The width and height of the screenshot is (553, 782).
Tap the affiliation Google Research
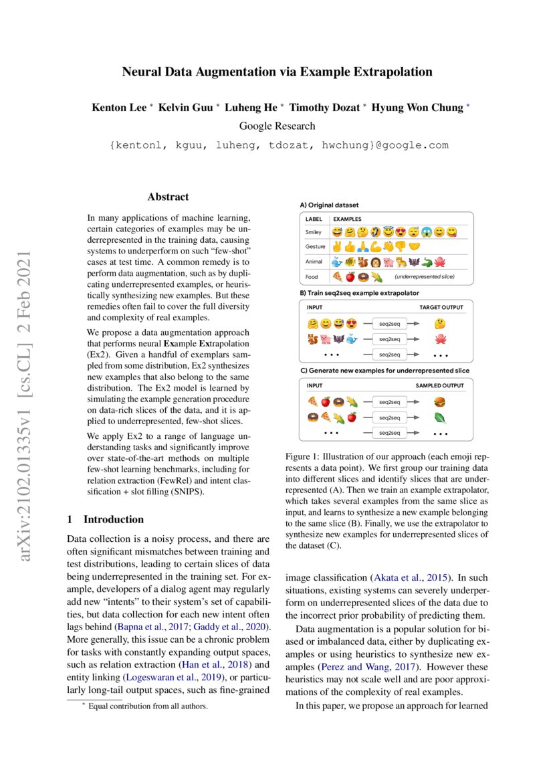(x=277, y=126)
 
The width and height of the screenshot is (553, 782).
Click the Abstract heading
(x=168, y=197)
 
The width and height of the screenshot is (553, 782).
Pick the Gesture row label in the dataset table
(x=316, y=246)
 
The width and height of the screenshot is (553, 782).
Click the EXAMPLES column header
(x=347, y=219)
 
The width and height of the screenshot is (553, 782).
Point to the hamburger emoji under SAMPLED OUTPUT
(x=439, y=402)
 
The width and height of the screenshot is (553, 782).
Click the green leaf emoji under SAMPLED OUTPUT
(x=439, y=417)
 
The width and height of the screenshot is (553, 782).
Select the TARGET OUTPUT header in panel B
(x=441, y=307)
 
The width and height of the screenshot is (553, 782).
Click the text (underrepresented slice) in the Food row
(x=426, y=276)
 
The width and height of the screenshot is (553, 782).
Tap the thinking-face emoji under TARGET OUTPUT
(x=439, y=324)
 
